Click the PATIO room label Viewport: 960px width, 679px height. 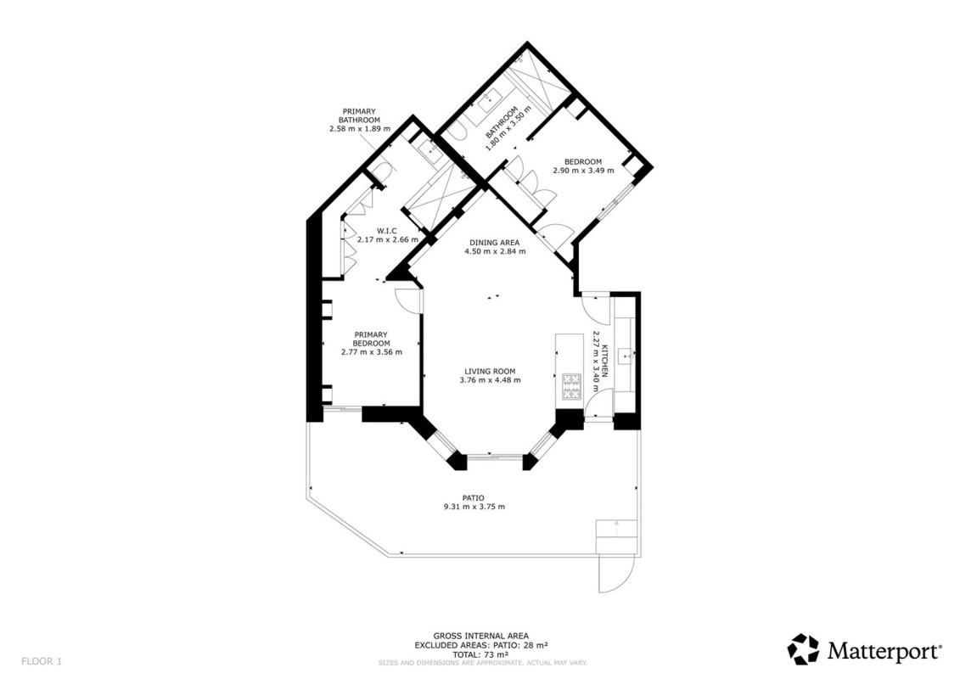[473, 497]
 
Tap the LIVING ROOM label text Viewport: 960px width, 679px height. [490, 371]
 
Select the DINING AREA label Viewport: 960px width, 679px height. [494, 243]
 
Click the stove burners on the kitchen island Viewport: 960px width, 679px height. [571, 386]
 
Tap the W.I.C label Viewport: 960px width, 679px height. [387, 231]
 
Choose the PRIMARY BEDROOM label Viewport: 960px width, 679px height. [371, 339]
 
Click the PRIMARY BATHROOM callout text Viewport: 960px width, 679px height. [359, 115]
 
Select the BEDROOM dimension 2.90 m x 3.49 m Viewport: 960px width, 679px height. [583, 171]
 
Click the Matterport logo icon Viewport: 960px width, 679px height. [803, 649]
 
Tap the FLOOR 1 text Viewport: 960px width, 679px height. [42, 661]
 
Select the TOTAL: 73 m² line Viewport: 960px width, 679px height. [480, 654]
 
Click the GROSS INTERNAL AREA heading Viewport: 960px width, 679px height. [480, 637]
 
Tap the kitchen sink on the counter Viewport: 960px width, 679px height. [625, 354]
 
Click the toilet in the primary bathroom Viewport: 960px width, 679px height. [380, 172]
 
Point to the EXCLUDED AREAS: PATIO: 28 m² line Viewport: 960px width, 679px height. [480, 645]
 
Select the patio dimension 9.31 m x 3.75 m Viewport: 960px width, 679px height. [474, 507]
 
